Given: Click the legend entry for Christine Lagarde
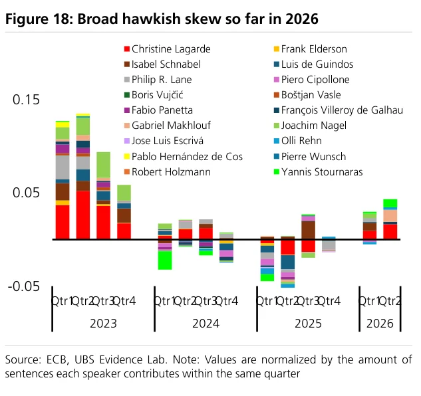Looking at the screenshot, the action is point(168,49).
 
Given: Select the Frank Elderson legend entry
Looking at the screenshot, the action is point(311,49).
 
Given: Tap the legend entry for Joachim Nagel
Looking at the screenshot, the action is point(310,126).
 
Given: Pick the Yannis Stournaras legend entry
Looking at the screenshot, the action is point(318,172).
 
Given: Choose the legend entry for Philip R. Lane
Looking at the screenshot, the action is point(158,80).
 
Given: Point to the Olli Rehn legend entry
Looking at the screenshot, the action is point(298,141).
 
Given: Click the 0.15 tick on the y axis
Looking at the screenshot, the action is point(26,100).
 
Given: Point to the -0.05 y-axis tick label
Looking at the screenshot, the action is point(24,286).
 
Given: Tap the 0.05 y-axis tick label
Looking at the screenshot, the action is point(26,193).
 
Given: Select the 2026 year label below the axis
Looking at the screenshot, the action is point(380,324).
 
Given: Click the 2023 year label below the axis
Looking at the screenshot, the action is point(103,324).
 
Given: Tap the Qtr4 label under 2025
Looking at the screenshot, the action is point(329,301).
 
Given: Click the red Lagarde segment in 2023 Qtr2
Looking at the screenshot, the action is point(83,215).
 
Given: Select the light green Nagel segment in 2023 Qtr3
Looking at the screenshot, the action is point(103,165).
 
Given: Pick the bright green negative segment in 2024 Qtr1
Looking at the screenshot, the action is point(165,260).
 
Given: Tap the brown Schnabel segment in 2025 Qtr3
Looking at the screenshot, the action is point(308,231).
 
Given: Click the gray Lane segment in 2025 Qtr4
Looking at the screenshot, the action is point(329,245).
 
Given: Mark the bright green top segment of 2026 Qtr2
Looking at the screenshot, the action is point(390,203).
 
